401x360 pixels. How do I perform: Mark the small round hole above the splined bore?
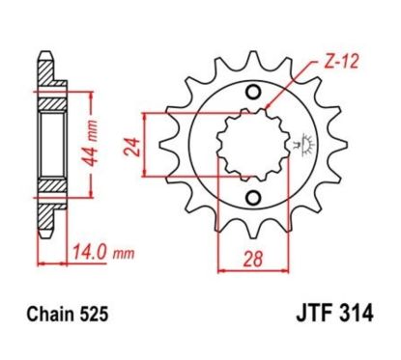click(x=253, y=94)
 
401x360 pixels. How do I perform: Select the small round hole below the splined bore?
click(x=253, y=198)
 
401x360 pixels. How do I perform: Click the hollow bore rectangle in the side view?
click(x=50, y=145)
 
